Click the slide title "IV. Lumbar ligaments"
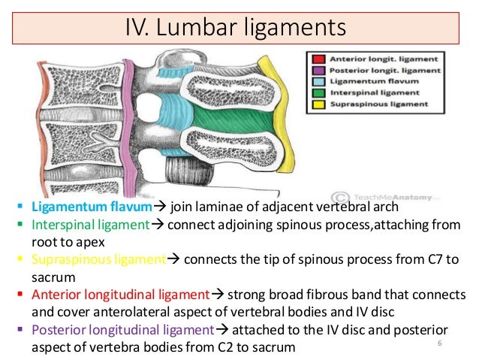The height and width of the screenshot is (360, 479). coord(239,28)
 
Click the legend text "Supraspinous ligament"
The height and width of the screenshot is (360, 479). coord(366,104)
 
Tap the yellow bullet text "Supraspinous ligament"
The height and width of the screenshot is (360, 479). coord(98,259)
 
